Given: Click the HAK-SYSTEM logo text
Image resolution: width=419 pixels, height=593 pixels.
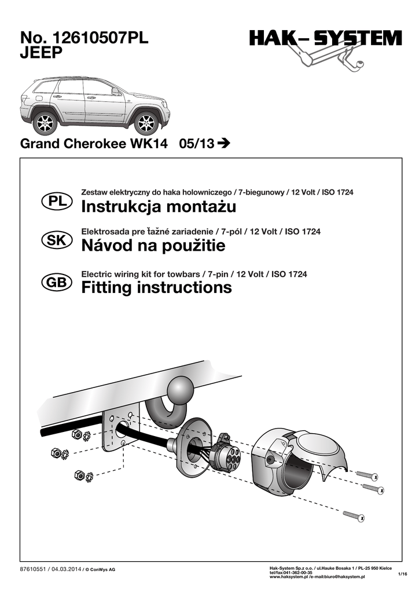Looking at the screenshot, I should click(325, 39).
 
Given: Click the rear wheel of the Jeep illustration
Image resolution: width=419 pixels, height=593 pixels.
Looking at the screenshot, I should click(45, 123).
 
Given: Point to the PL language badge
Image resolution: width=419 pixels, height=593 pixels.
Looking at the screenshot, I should click(56, 202).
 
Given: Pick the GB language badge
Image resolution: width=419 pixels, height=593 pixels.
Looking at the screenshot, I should click(56, 283).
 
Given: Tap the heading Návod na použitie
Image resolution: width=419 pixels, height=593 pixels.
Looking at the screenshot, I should click(153, 247).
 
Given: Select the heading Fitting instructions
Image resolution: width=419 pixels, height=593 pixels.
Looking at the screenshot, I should click(157, 287).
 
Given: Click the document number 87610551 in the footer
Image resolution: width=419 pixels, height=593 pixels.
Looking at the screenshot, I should click(33, 569).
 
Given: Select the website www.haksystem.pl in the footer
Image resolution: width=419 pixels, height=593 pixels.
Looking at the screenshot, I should click(291, 576).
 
